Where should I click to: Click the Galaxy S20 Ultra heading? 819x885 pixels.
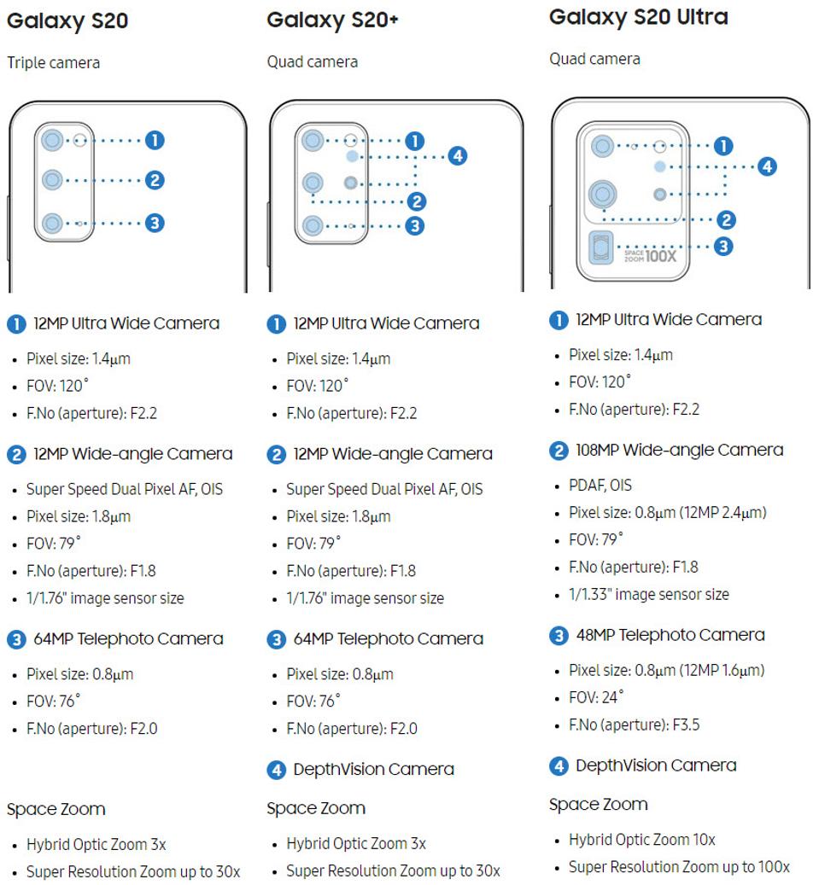click(638, 17)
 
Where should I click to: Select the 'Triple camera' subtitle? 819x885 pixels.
click(53, 62)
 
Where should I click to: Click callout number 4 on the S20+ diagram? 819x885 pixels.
click(458, 155)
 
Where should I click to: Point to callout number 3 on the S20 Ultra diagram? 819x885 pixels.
click(723, 246)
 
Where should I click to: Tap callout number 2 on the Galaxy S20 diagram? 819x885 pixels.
click(155, 180)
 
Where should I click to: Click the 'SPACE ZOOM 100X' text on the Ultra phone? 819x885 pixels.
click(655, 253)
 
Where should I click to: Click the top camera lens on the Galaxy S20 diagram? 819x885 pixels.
click(53, 140)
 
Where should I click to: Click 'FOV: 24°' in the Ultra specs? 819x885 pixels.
click(596, 697)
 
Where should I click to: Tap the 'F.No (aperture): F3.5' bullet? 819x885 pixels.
click(634, 725)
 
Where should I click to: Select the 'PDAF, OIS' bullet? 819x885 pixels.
click(600, 485)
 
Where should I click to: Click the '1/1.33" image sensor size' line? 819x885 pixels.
click(649, 594)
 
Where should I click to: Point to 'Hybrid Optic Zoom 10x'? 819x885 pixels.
click(642, 839)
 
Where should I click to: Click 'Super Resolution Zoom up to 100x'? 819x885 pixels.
click(679, 867)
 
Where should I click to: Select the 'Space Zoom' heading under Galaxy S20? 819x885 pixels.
click(56, 808)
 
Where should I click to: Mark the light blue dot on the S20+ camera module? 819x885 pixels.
click(352, 157)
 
